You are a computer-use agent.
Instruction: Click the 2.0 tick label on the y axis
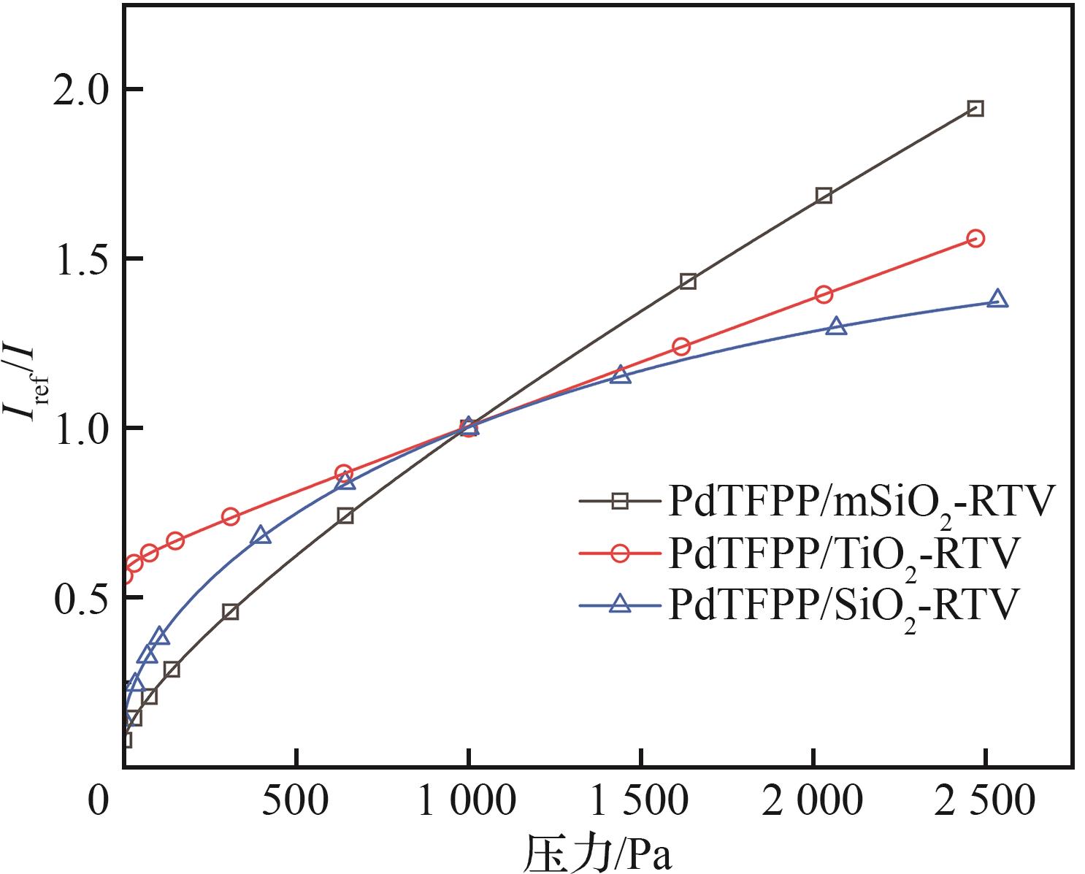76,90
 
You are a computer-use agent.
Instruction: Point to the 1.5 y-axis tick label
76,259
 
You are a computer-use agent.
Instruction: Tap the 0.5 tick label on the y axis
76,597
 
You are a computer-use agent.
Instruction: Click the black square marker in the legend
620,501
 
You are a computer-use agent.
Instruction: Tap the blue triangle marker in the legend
620,603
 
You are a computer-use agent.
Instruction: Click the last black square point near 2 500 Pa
975,109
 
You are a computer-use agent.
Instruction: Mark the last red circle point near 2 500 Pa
975,239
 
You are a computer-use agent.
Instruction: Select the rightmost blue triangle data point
997,299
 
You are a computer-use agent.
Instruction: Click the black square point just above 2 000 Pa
824,195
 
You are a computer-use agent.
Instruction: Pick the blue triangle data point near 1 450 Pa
621,375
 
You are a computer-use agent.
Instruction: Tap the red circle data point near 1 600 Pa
681,346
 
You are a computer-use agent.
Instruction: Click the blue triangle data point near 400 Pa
261,536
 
